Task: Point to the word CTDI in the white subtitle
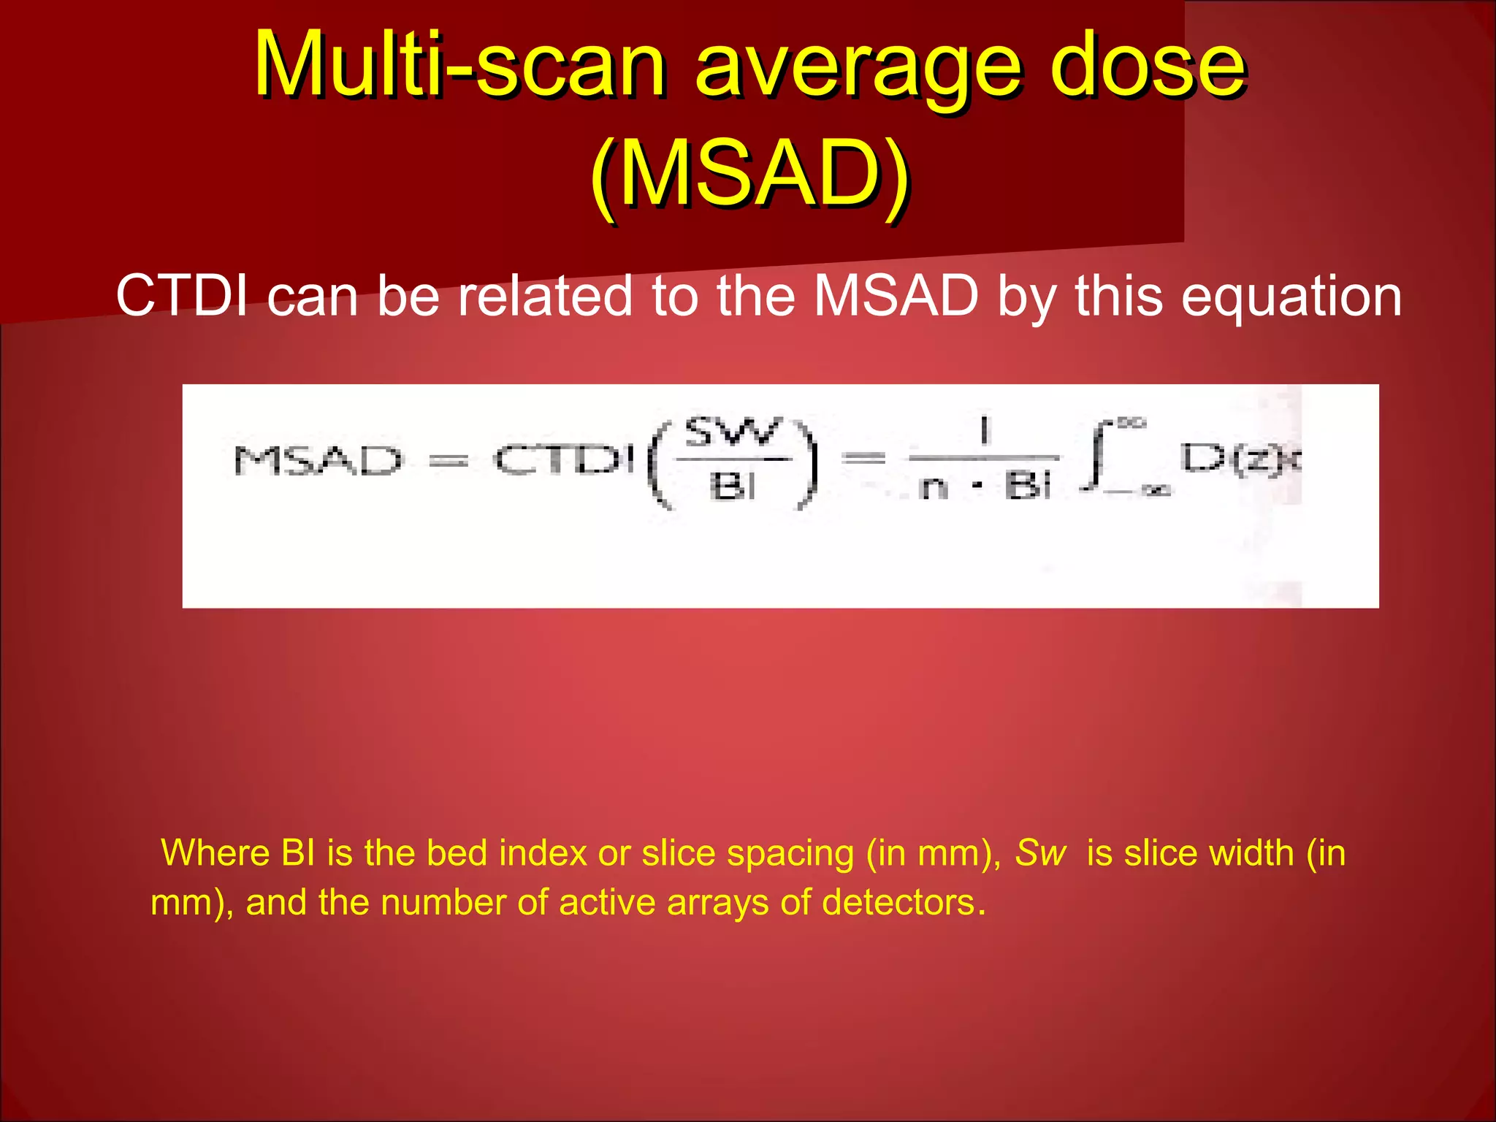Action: [x=183, y=296]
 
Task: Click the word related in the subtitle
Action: [x=544, y=296]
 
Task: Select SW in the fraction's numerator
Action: [x=733, y=432]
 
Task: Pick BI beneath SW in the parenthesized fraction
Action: [x=733, y=486]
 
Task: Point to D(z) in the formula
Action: [x=1234, y=459]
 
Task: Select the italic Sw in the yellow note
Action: [x=1041, y=852]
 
